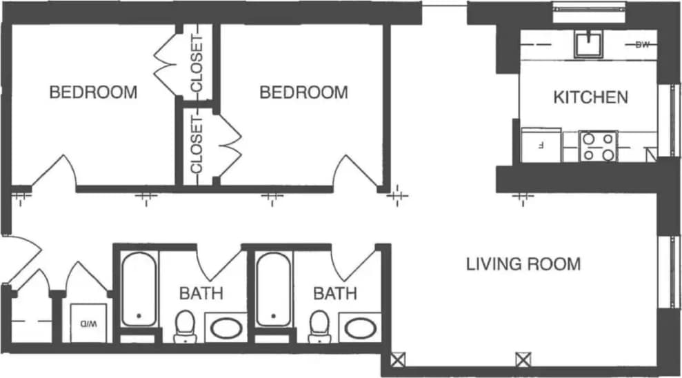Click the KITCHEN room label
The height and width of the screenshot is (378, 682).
(x=590, y=97)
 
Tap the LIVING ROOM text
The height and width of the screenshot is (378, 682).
(x=523, y=263)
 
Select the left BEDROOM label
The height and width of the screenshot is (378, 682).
(x=93, y=92)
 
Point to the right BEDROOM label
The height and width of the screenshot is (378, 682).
(x=303, y=92)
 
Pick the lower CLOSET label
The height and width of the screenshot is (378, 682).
(x=196, y=145)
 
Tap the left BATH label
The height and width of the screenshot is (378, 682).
(x=201, y=293)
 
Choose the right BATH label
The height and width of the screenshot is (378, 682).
(x=335, y=293)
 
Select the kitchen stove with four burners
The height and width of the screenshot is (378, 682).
(x=598, y=146)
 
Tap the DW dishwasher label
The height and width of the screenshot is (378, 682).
(x=642, y=46)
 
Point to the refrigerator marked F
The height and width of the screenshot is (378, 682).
(x=541, y=145)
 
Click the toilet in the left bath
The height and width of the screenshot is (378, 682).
(x=184, y=325)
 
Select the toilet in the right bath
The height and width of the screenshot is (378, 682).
(x=319, y=325)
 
